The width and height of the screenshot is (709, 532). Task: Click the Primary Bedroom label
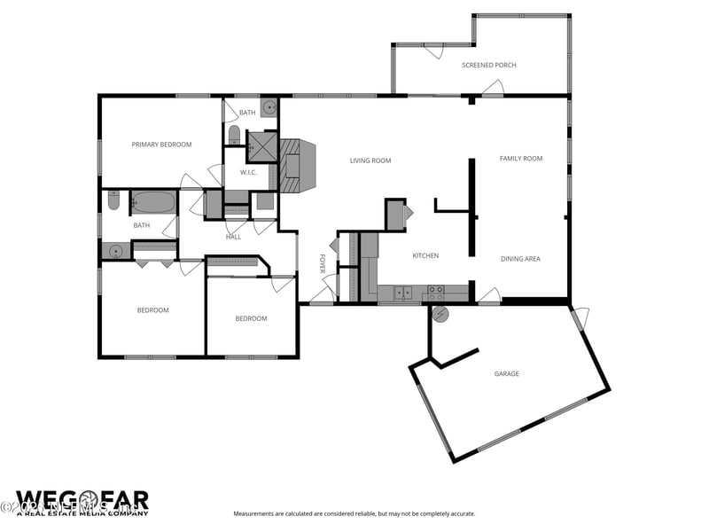(161, 145)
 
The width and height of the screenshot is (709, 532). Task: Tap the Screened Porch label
(488, 66)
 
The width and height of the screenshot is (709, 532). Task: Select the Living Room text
(370, 160)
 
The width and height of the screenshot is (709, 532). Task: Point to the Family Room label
(520, 159)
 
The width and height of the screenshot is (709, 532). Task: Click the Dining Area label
(520, 259)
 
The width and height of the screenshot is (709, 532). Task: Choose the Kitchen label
(425, 256)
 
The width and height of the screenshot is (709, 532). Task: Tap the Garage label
(506, 374)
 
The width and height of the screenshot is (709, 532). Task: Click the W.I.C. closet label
(248, 172)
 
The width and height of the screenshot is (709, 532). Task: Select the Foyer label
(323, 263)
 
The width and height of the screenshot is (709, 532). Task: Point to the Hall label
(233, 237)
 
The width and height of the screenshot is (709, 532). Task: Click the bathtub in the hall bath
(153, 202)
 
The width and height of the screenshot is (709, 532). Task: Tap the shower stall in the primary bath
(261, 145)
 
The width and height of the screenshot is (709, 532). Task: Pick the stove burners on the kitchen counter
(435, 290)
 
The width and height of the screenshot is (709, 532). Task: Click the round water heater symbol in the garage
(440, 314)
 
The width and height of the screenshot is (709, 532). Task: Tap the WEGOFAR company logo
(82, 503)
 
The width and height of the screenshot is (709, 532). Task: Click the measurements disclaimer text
(354, 514)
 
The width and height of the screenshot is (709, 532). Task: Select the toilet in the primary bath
(234, 136)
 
